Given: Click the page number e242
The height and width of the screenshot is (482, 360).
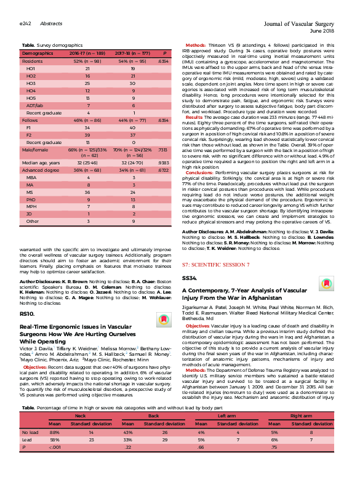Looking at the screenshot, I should (x=26, y=23).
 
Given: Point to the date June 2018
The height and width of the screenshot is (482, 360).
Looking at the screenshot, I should (x=322, y=30).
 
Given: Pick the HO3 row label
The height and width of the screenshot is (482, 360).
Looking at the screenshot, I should (x=31, y=82).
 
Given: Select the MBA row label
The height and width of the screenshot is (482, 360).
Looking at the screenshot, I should (x=31, y=177).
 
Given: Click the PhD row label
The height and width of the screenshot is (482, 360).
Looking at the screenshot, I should (x=31, y=199).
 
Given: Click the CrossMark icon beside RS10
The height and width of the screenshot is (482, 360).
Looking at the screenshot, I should (x=163, y=319).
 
